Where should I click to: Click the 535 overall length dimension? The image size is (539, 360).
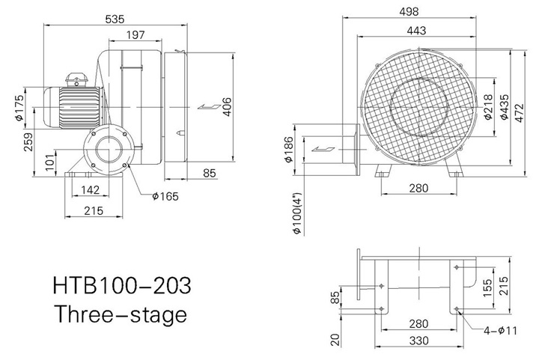click(115, 19)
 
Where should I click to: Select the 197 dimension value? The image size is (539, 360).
click(135, 35)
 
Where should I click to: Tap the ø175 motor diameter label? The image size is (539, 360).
click(19, 108)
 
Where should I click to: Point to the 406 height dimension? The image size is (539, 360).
click(228, 107)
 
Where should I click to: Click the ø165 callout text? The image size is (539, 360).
click(165, 196)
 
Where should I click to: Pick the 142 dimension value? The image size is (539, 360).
click(91, 189)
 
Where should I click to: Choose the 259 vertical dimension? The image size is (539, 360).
click(28, 141)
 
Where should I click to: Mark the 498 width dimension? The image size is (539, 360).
click(409, 12)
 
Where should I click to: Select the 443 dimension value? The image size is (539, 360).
click(417, 31)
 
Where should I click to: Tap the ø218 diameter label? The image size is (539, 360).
click(488, 107)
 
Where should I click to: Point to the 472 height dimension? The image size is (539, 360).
click(520, 113)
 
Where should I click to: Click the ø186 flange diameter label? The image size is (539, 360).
click(288, 150)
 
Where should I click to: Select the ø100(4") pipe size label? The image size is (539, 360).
click(297, 213)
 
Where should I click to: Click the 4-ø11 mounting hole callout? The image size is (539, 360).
click(500, 331)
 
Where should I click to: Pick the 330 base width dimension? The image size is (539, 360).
click(419, 341)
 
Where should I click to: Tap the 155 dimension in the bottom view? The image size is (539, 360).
click(488, 288)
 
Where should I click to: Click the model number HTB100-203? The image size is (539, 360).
click(122, 285)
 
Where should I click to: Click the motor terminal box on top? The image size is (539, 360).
click(76, 79)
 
